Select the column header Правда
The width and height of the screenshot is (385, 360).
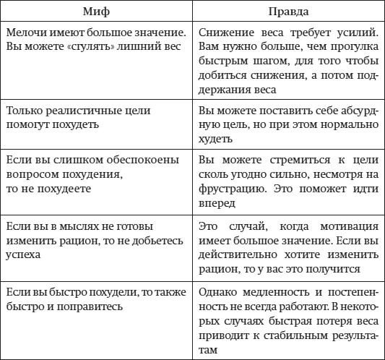[287, 13]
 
